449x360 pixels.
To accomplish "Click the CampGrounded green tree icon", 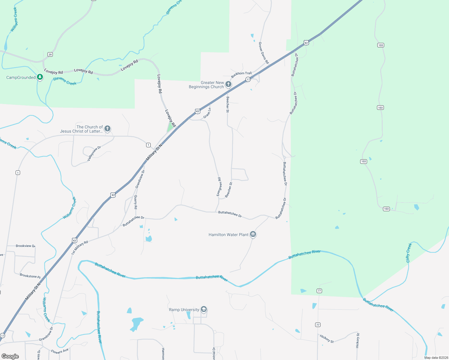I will pos(40,77).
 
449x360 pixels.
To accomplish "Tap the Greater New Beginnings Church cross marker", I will pos(228,84).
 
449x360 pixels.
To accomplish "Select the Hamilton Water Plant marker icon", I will pos(253,234).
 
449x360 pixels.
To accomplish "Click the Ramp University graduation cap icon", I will pos(204,309).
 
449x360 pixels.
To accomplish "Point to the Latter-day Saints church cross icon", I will pos(107,129).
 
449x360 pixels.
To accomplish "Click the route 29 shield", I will pos(50,54).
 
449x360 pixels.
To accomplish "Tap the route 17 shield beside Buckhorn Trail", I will pos(248,79).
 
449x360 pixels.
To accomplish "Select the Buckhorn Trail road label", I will pos(241,74).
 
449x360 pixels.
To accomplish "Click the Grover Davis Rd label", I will pos(264,53).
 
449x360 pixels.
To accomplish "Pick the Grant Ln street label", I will pos(207,113).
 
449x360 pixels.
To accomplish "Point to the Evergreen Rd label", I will pos(219,187).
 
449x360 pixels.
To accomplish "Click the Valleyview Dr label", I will pos(94,154).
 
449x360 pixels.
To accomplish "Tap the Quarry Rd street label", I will pos(136,202).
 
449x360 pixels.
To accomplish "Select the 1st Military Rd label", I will pos(80,247).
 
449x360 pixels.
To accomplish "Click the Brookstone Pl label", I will pos(30,276).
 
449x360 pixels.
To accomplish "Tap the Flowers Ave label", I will pos(60,351).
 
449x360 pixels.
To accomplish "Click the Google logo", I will pos(10,356).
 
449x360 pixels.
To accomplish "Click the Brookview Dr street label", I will pos(26,246).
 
